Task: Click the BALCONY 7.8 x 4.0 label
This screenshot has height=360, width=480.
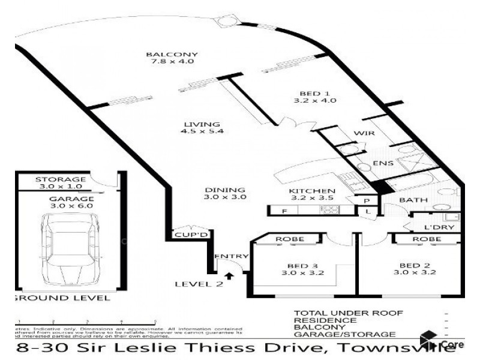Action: click(x=172, y=58)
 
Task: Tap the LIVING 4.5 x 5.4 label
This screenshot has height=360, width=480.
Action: click(x=203, y=128)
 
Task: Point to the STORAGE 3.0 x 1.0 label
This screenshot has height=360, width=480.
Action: click(x=61, y=183)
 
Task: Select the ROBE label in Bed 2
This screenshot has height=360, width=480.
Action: click(x=428, y=239)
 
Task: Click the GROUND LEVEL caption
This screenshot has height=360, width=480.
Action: click(x=62, y=298)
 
